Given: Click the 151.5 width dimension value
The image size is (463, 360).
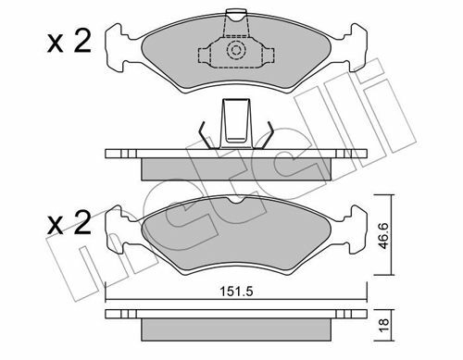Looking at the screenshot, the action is pyautogui.click(x=236, y=292).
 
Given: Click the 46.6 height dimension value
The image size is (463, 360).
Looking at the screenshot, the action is pyautogui.click(x=383, y=236).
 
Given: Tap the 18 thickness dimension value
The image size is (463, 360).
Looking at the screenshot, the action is pyautogui.click(x=383, y=326).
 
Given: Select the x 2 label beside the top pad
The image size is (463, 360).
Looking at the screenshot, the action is pyautogui.click(x=69, y=43).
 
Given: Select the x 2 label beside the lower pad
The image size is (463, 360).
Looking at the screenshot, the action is pyautogui.click(x=69, y=223).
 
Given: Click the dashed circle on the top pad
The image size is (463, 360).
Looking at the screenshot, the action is pyautogui.click(x=236, y=50).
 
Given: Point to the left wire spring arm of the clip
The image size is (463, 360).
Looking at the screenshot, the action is pyautogui.click(x=204, y=135).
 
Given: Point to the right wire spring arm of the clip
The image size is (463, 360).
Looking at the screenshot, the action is pyautogui.click(x=269, y=135).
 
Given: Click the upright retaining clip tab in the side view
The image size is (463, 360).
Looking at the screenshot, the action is pyautogui.click(x=236, y=123).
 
